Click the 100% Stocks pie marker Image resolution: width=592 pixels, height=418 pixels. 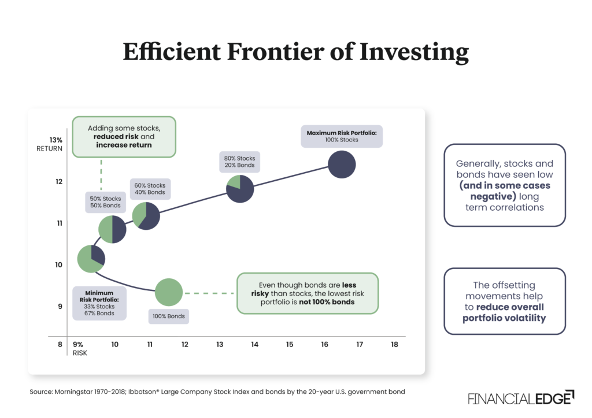(x=342, y=165)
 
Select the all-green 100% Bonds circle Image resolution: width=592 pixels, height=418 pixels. (x=169, y=292)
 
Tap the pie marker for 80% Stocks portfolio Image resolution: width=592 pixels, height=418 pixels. (x=240, y=189)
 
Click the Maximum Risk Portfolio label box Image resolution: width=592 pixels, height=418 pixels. (x=341, y=136)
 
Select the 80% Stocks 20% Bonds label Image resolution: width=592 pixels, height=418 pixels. (x=239, y=162)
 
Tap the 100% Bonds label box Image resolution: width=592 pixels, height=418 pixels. (x=169, y=316)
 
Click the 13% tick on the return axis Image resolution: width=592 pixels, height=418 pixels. (x=55, y=140)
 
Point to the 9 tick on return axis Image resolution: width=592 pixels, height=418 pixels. (x=59, y=307)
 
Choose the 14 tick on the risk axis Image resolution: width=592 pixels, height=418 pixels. (x=254, y=345)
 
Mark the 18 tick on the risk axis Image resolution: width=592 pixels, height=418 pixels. (x=394, y=345)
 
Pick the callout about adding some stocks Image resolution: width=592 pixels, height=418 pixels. (x=124, y=136)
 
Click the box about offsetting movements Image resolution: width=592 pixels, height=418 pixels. (x=504, y=301)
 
